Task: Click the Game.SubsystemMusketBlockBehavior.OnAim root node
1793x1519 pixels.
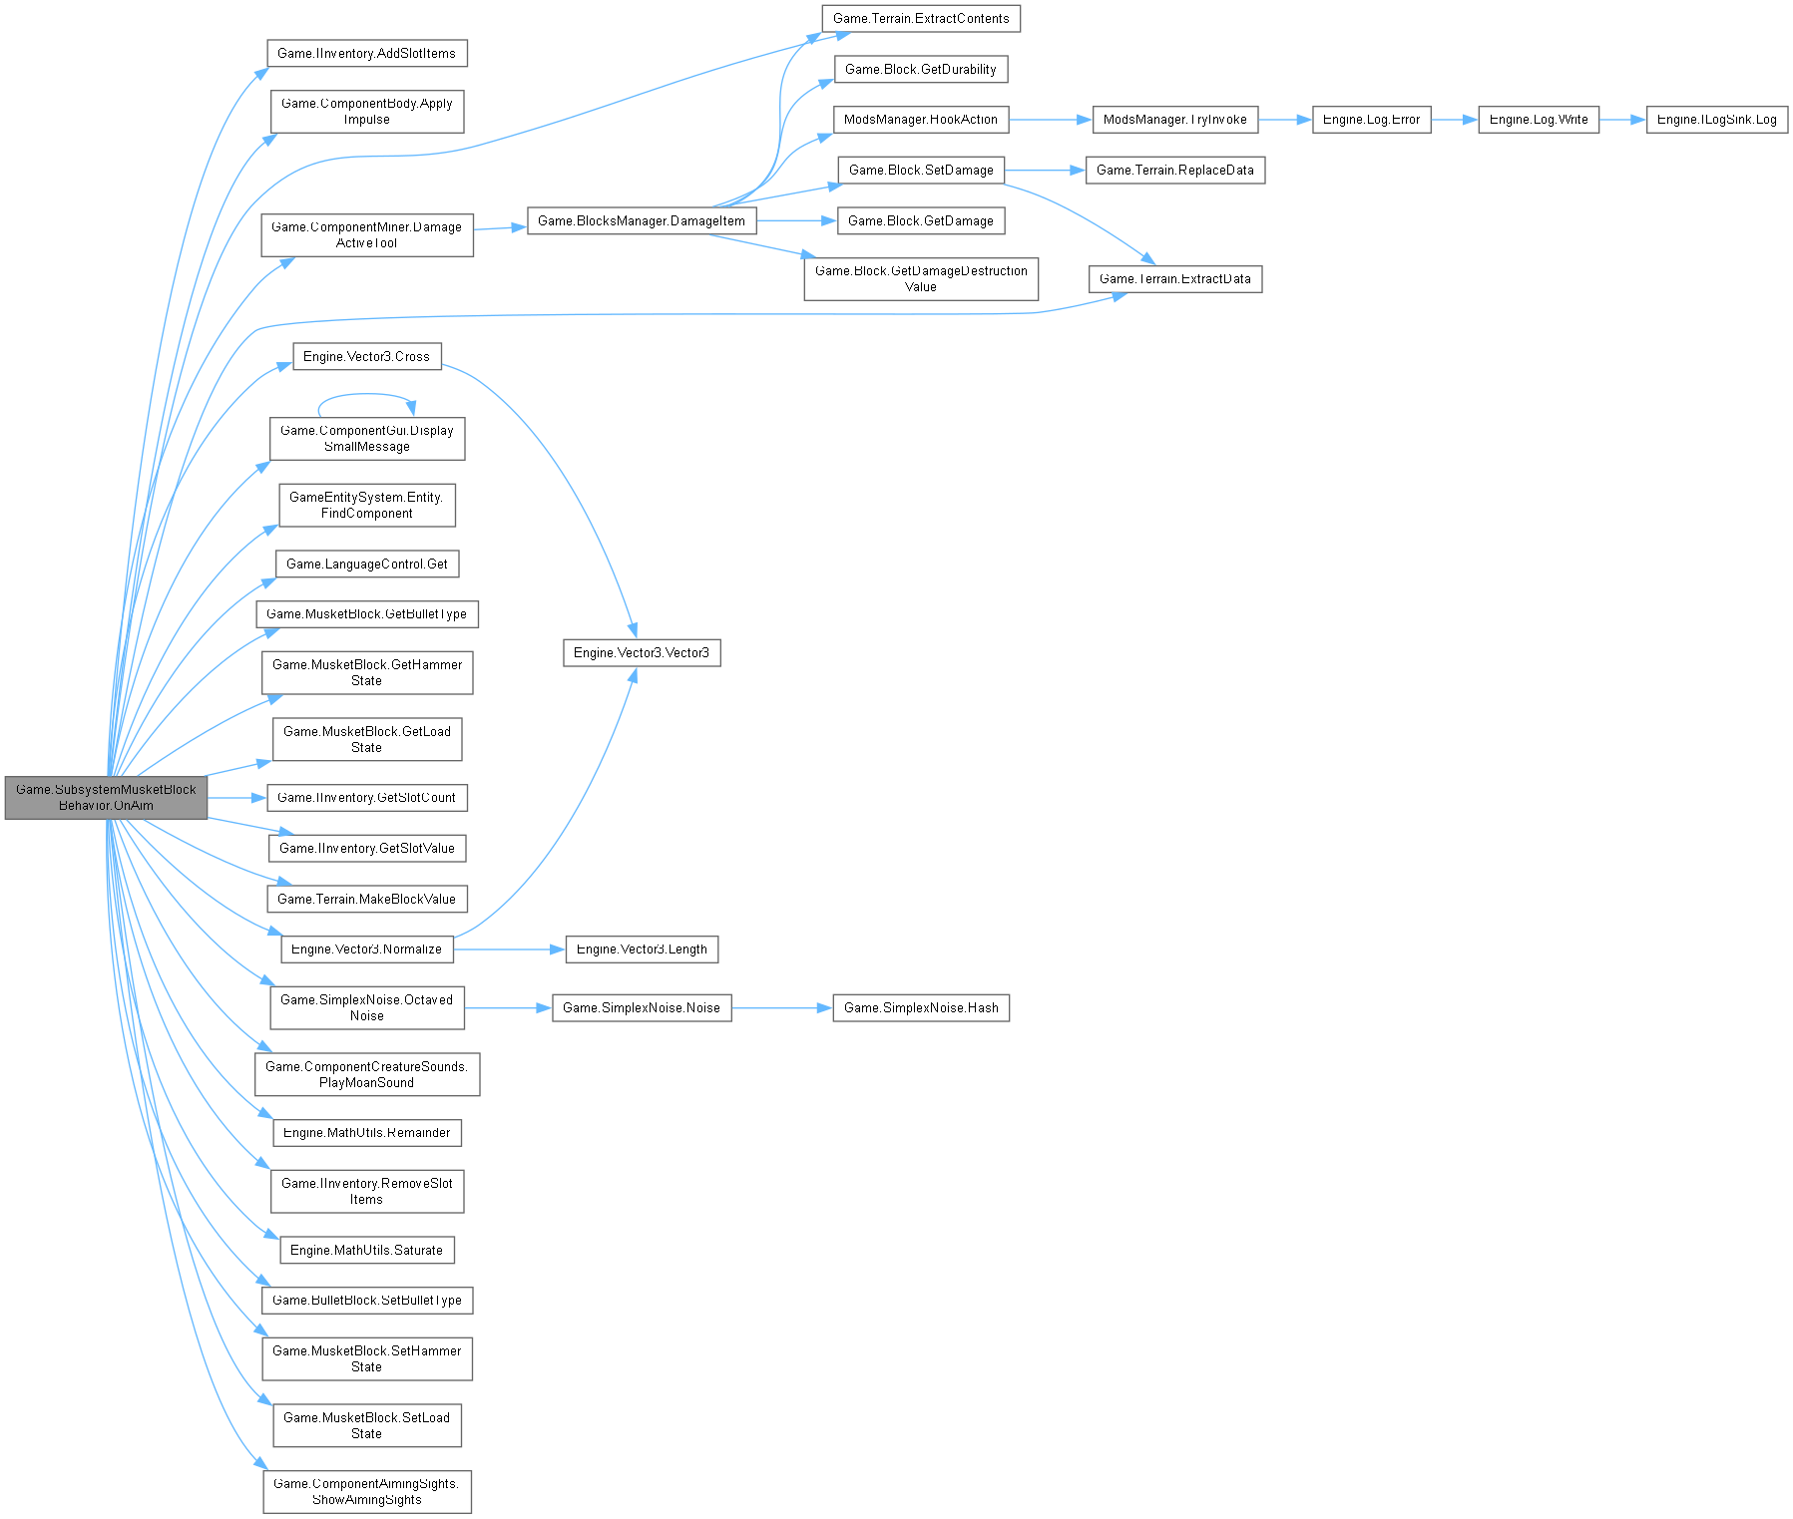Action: click(x=106, y=797)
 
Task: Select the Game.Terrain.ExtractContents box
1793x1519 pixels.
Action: click(x=920, y=19)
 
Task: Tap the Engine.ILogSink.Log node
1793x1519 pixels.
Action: click(x=1716, y=120)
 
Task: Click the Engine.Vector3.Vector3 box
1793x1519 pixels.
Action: click(x=641, y=653)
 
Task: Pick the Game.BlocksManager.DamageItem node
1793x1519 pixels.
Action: click(x=641, y=221)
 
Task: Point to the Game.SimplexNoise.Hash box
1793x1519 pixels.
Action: click(x=920, y=1008)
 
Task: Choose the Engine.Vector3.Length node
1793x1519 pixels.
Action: click(x=641, y=949)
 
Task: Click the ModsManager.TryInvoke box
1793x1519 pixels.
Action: click(x=1174, y=120)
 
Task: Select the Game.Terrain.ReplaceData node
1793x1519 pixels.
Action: click(x=1174, y=171)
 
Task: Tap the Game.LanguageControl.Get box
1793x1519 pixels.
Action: click(x=366, y=565)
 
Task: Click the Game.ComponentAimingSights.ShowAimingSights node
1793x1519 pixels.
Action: click(x=366, y=1491)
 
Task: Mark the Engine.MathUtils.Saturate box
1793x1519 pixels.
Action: click(x=366, y=1251)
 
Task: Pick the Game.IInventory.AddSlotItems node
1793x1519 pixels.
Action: click(x=366, y=54)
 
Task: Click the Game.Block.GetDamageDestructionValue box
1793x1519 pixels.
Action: click(x=920, y=278)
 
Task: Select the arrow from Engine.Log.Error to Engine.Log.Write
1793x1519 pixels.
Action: click(x=1455, y=120)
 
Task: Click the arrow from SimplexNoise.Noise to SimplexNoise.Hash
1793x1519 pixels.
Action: click(x=782, y=1008)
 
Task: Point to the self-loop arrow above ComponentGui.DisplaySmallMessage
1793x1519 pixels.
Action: click(x=364, y=394)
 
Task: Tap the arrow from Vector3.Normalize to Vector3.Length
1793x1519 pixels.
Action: click(x=509, y=949)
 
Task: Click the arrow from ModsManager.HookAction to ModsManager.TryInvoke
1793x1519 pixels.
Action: click(x=1051, y=120)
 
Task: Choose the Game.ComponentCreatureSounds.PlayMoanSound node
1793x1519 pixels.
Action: click(x=366, y=1074)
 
